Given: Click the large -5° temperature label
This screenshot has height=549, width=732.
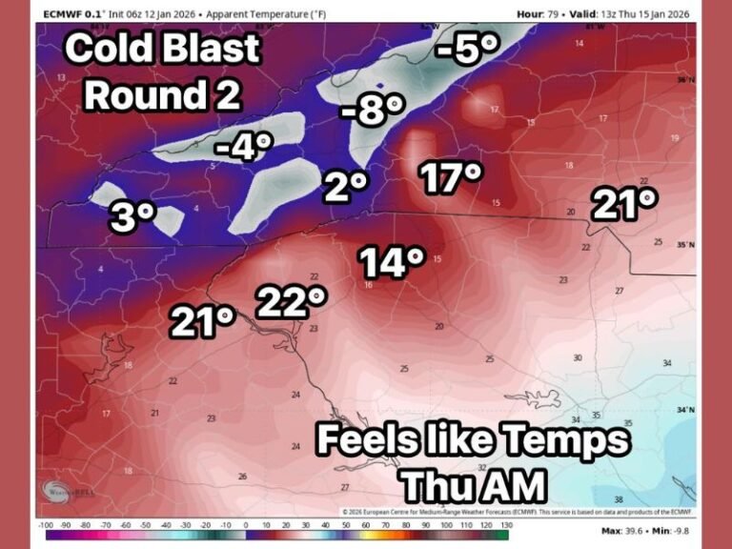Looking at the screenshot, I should coord(463,51).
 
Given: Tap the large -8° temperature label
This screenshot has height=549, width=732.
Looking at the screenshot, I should coord(368,112).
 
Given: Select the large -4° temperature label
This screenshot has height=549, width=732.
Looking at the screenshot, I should coord(245,148).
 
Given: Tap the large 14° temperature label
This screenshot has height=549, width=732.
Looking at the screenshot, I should coord(390,261).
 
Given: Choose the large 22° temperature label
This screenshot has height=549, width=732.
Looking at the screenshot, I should coord(291,302).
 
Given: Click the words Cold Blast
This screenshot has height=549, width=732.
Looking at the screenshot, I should coord(163,49).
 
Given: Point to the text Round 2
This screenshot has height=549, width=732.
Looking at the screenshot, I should coord(162,94).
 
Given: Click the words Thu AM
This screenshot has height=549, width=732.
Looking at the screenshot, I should coord(473,485).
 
